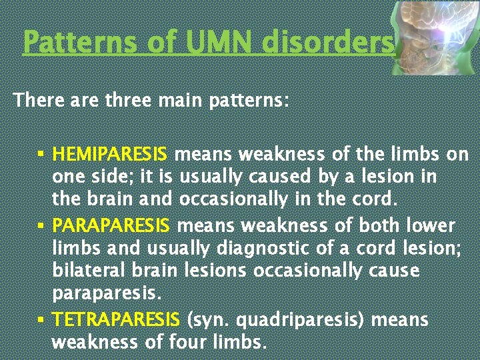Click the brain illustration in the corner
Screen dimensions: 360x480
click(434, 37)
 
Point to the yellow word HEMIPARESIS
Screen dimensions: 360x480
click(110, 155)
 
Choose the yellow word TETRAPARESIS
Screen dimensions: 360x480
click(116, 320)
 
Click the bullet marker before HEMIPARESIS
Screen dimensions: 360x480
click(41, 155)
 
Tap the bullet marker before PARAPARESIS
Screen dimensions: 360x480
click(41, 225)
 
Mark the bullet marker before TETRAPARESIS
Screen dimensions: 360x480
click(41, 319)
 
